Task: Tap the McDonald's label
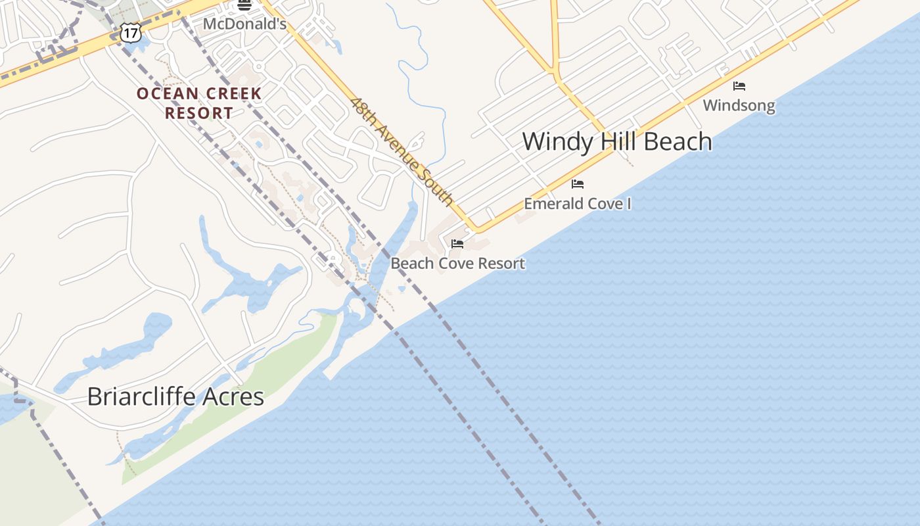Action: (244, 24)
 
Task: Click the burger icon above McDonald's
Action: (244, 5)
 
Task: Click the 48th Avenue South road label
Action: (402, 151)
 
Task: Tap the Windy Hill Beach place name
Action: (616, 142)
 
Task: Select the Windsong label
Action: (739, 105)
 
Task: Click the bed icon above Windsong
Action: (739, 86)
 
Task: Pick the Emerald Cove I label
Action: (577, 204)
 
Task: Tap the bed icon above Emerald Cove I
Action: (578, 184)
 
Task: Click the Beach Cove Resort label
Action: (457, 264)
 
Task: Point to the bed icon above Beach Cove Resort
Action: (457, 244)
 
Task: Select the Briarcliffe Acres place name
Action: (175, 396)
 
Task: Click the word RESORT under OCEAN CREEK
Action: (198, 113)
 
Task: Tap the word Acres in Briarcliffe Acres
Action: (234, 396)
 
